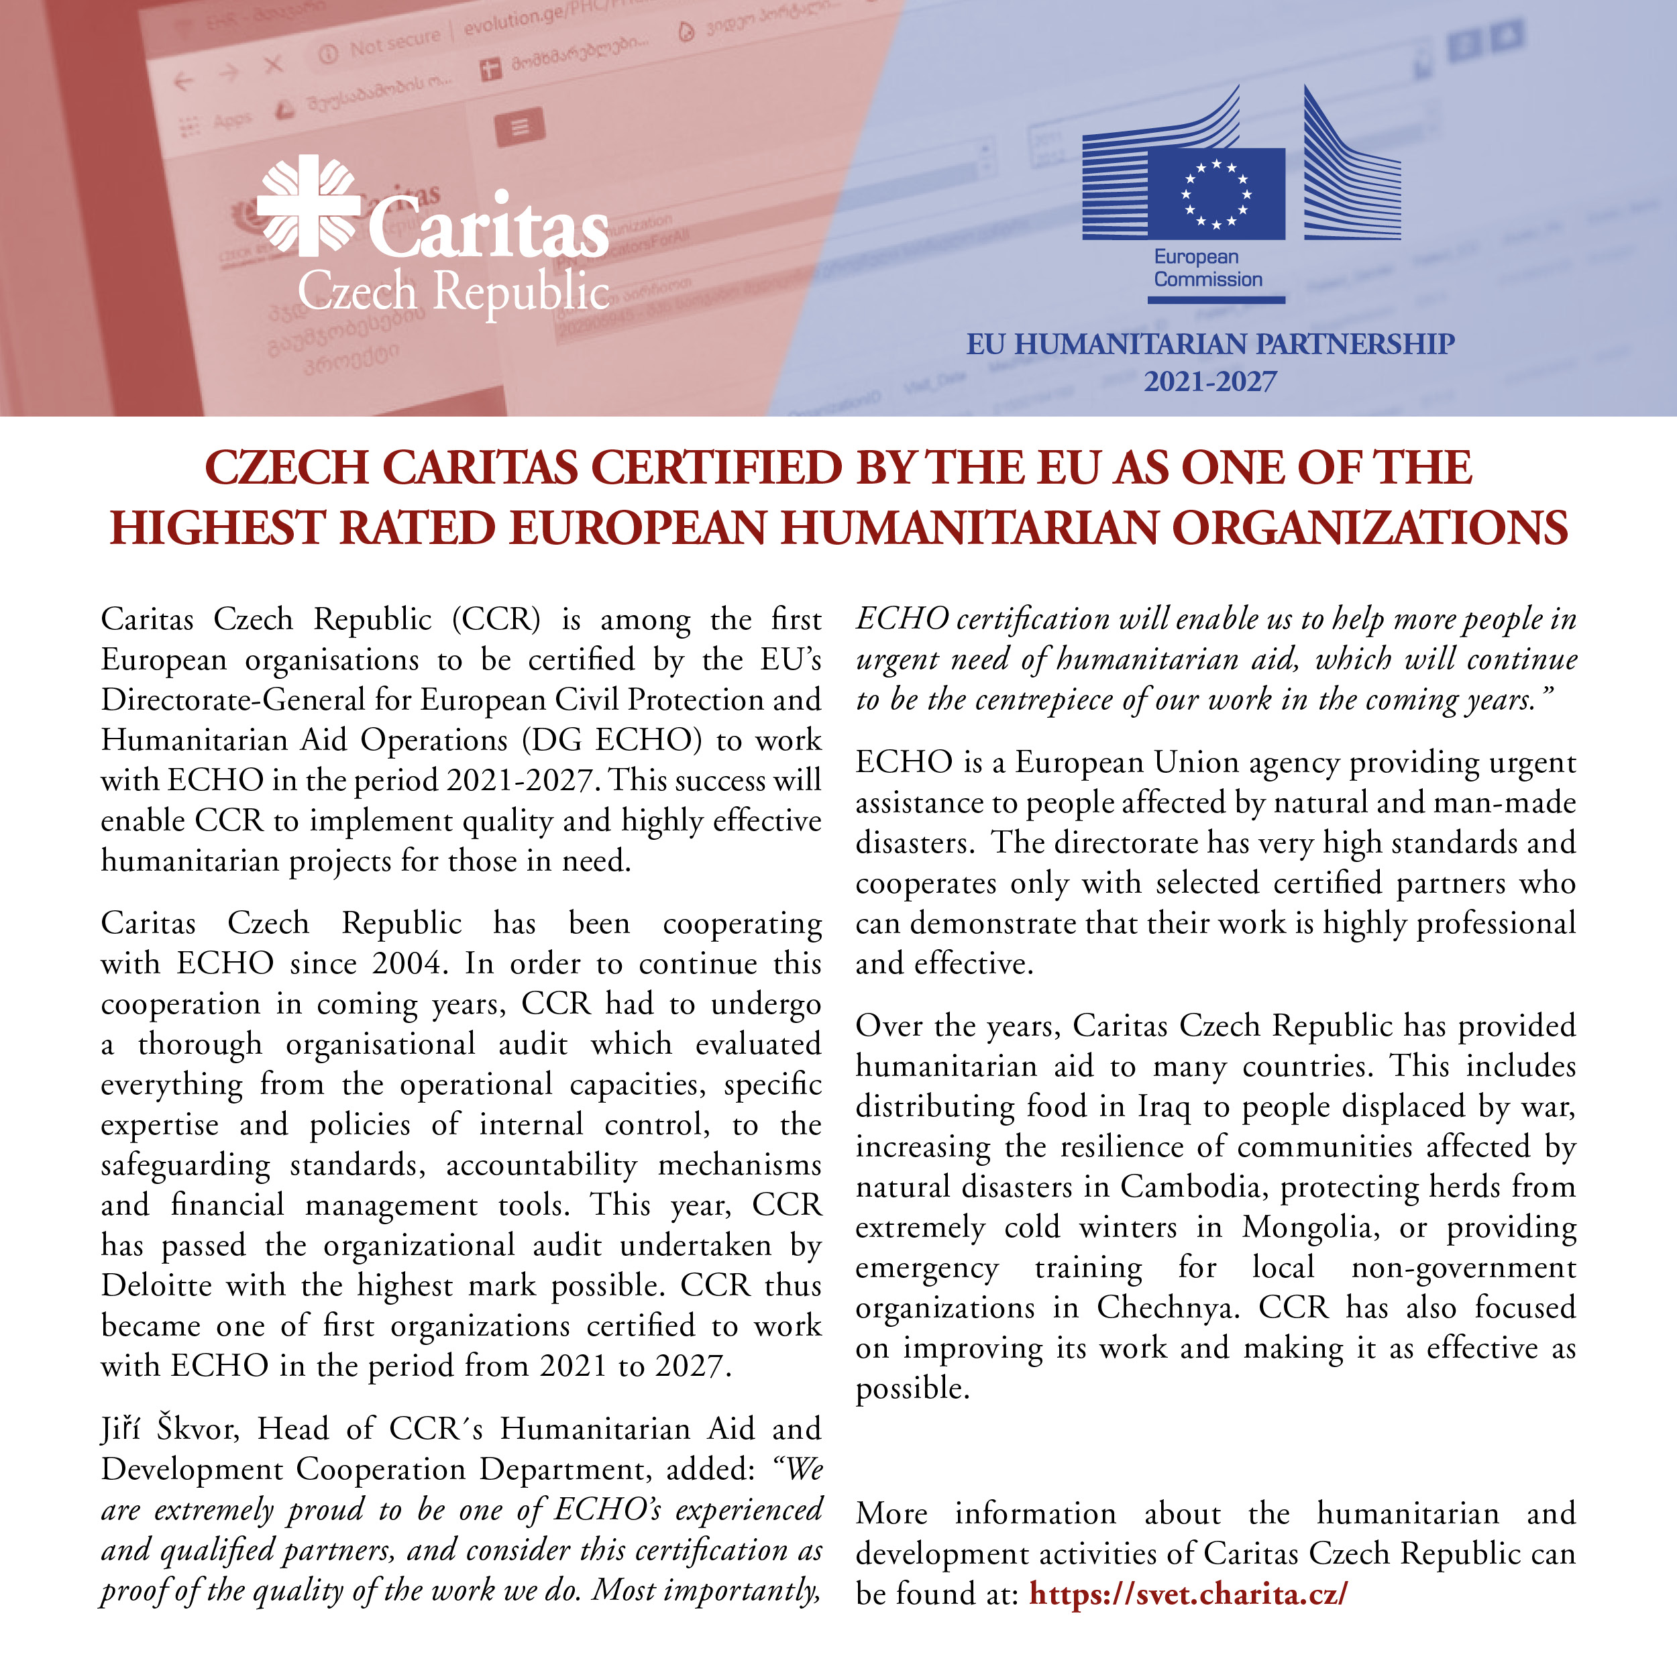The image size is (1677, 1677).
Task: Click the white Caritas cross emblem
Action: [x=308, y=206]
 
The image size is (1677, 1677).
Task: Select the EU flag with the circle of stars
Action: [x=1215, y=194]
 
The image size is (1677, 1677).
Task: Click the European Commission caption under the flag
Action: [x=1207, y=268]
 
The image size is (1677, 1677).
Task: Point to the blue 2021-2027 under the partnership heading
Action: [x=1210, y=382]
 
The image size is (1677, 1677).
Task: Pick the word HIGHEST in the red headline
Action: [x=216, y=529]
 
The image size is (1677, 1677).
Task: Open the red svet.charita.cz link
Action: [x=1188, y=1594]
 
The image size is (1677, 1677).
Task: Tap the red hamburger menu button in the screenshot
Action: [x=520, y=127]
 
